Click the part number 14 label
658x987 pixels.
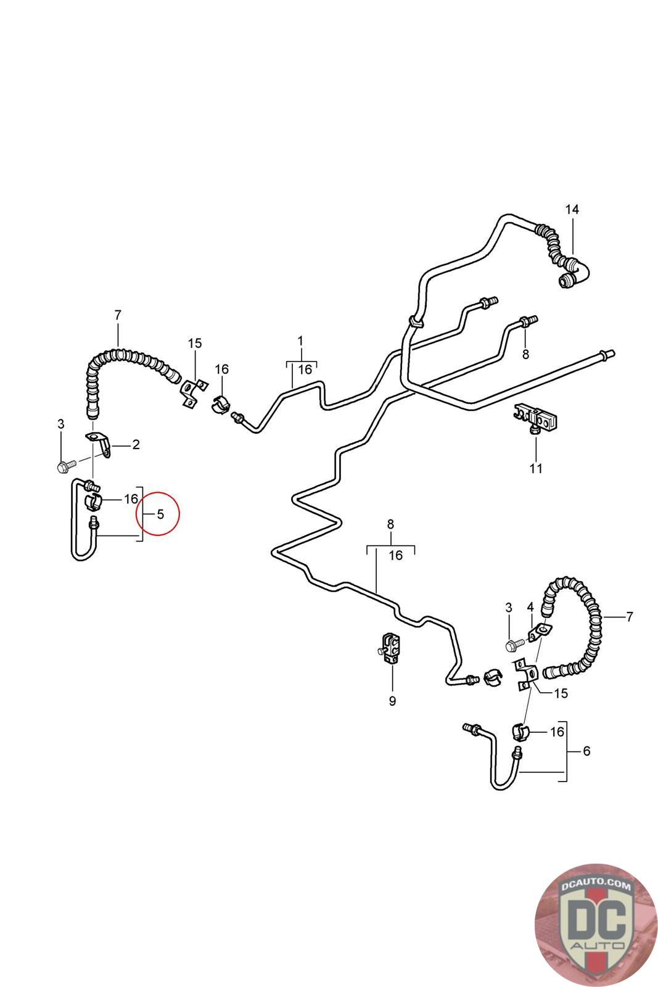tap(572, 209)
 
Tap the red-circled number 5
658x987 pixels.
tap(160, 514)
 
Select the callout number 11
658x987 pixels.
tap(535, 468)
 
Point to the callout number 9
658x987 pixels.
tap(392, 701)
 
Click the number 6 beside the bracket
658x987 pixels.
tap(586, 751)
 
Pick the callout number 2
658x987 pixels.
tap(136, 445)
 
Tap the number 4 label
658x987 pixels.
tap(530, 608)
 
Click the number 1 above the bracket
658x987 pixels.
tap(300, 341)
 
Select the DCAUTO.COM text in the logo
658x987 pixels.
tap(596, 885)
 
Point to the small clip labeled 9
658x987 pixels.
tap(389, 648)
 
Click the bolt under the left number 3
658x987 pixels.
tap(67, 465)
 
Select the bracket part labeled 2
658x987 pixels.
tap(99, 444)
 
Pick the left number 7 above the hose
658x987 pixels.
tap(118, 315)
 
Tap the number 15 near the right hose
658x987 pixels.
tap(560, 693)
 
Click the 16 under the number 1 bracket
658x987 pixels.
tap(305, 370)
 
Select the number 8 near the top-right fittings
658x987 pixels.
tap(525, 354)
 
